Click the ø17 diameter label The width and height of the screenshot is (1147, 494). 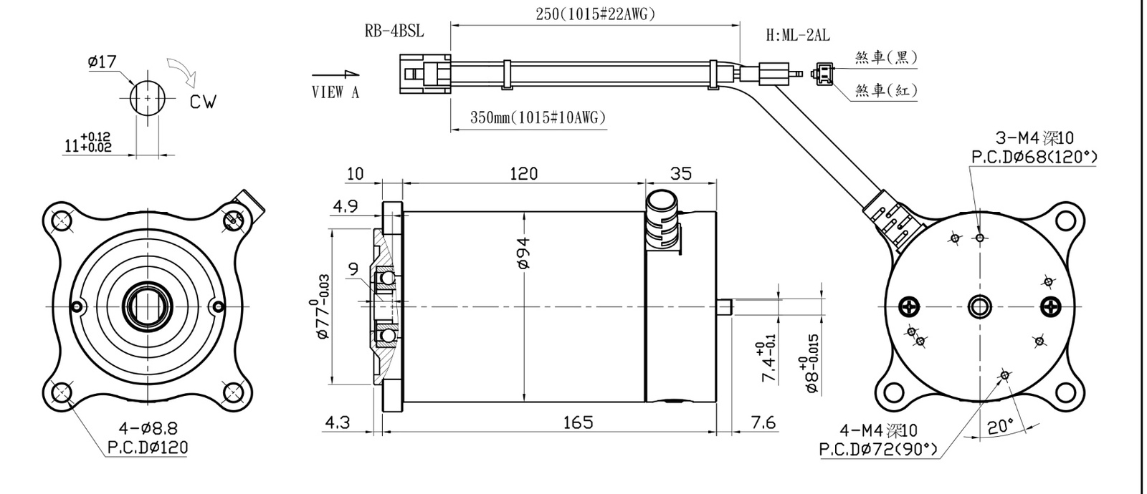pos(103,62)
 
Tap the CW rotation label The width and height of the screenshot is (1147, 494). pos(204,102)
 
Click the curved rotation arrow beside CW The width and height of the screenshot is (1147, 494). pos(183,72)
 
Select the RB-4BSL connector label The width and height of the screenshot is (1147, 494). pos(394,32)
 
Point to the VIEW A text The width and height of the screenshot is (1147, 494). pos(335,92)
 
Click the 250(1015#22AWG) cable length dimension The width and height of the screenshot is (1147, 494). pos(596,14)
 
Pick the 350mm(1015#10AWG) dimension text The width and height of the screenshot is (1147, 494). pos(538,117)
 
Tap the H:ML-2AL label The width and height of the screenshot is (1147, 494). pos(798,35)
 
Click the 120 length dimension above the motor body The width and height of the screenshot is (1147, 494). pos(524,174)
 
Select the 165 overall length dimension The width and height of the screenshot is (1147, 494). pos(578,422)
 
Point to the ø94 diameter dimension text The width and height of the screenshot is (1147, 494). pos(523,253)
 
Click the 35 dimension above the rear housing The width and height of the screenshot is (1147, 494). pos(681,174)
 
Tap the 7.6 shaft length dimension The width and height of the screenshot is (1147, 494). pos(763,422)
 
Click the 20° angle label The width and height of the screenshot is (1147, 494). pos(1000,427)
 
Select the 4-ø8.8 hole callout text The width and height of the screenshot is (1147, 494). pos(148,427)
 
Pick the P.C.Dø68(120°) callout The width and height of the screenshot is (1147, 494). pos(1034,157)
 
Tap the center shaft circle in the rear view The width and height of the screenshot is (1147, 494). pos(979,307)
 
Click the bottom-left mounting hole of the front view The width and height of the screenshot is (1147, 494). pos(62,393)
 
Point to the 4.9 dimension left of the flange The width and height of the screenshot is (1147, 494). pos(345,206)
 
